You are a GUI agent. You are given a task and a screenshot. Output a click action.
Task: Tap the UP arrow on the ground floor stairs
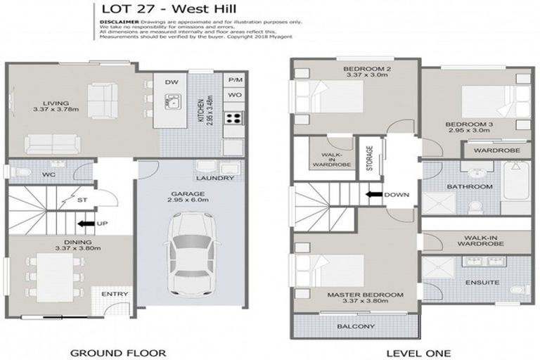click(88, 224)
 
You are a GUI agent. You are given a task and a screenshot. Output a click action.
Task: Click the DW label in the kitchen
click(171, 82)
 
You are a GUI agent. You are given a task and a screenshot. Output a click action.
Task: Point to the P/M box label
click(233, 80)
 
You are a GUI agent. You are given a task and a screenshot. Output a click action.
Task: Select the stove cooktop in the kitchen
click(233, 118)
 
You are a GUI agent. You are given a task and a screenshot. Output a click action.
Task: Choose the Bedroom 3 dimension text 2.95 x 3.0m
click(466, 130)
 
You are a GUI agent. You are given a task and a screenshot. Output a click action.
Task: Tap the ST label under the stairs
click(82, 200)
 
